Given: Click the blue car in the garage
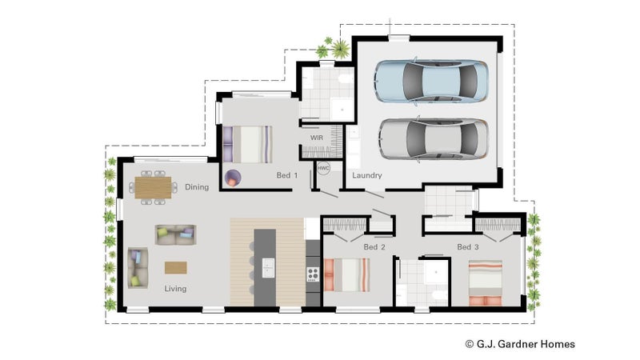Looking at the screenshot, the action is [430, 81].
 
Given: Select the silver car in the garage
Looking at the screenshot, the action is [434, 138].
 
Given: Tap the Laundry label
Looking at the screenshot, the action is [367, 175].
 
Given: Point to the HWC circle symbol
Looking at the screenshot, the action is [323, 168].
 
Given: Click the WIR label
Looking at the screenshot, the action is [316, 138].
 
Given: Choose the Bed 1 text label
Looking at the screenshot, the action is [287, 175].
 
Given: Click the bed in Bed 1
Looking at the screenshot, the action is [247, 145].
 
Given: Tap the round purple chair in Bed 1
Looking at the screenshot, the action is [233, 178].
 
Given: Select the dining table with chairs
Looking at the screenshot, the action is [153, 187].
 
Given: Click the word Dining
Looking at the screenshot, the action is [197, 187].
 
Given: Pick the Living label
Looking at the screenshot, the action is [175, 289].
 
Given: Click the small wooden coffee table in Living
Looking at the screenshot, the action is [176, 268].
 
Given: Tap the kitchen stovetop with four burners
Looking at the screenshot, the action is [313, 274].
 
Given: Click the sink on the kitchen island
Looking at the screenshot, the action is [268, 268].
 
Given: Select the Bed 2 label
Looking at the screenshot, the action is [374, 247].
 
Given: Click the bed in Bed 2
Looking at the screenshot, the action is [347, 274].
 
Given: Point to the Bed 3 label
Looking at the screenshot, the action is [468, 247].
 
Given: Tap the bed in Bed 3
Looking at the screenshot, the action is [486, 283].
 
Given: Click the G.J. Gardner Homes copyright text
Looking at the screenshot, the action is [520, 344].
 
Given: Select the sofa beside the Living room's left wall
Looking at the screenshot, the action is [138, 268].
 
